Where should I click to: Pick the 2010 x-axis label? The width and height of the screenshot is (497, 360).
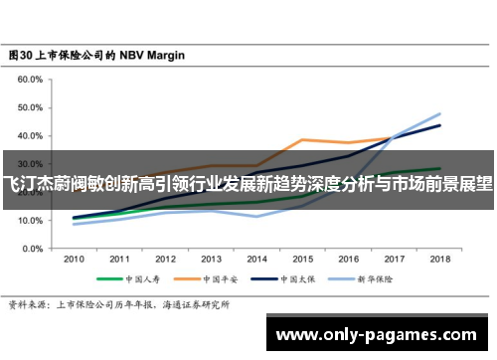[x=74, y=259]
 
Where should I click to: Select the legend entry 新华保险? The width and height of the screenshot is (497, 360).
[x=371, y=279]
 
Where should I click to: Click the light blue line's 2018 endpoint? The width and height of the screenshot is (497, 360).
[x=438, y=113]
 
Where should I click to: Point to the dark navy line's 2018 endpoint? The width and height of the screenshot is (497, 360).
[x=438, y=125]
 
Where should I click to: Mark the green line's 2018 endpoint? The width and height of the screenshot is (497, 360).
[x=438, y=169]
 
